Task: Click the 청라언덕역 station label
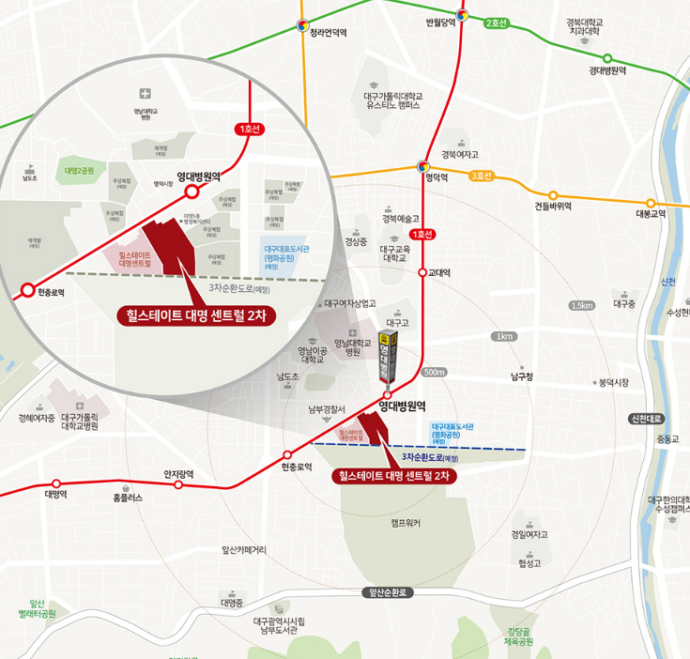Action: (x=329, y=32)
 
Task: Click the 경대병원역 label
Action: (x=607, y=70)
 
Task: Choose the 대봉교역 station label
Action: (x=651, y=213)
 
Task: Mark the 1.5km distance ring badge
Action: (x=582, y=306)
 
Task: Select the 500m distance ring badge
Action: (x=436, y=373)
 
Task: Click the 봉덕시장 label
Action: (x=612, y=382)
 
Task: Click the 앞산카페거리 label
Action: (x=244, y=550)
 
